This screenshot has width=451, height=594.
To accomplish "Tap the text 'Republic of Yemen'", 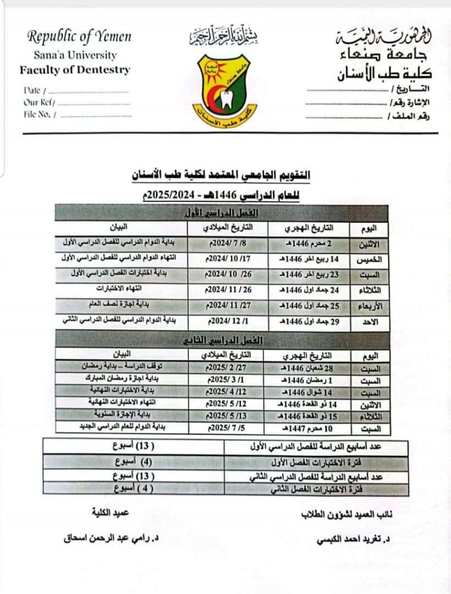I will pos(80,37).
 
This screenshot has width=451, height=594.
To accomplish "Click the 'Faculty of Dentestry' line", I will pos(75,71).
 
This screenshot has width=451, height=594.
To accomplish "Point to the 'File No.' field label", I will pos(40,115).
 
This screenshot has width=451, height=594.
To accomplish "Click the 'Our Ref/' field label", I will pos(39,103).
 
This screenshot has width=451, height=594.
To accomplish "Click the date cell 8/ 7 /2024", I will pos(228,244).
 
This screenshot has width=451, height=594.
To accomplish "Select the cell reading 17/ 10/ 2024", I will pos(228,259).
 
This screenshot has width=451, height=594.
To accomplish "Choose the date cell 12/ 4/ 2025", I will pos(226,392).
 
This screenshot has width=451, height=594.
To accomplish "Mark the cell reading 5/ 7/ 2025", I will pos(226,429).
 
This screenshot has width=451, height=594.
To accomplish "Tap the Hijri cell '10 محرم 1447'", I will pos(306,429).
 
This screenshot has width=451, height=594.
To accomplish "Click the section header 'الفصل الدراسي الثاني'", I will pos(222,341).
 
